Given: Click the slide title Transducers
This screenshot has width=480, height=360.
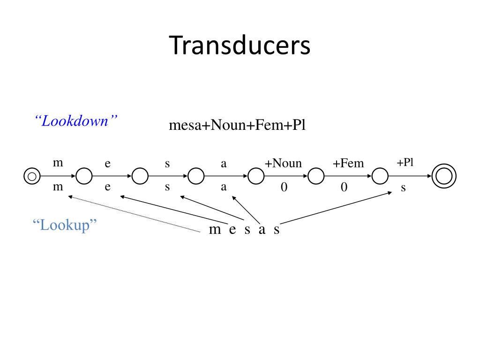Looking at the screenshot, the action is (x=240, y=46).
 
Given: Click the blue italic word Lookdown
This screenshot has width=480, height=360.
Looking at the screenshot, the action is (x=75, y=121).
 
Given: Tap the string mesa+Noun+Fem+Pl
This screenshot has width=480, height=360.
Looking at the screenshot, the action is (x=237, y=125).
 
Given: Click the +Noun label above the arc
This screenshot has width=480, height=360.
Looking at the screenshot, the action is (x=283, y=163).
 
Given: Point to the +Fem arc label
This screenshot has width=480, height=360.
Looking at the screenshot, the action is (x=348, y=164).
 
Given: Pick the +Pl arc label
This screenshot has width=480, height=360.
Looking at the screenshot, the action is (x=405, y=163).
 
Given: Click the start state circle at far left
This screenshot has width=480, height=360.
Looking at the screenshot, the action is (x=31, y=177).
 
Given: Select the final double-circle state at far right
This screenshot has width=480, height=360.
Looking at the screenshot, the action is (x=443, y=177).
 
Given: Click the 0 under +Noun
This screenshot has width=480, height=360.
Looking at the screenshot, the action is (x=284, y=188).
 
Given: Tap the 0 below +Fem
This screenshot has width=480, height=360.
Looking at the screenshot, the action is (x=344, y=188).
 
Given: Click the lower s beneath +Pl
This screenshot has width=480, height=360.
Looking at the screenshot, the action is (x=403, y=188).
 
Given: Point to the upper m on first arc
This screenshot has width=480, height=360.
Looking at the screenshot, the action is (x=58, y=163).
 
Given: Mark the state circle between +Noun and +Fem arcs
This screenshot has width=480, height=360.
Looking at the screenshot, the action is (x=316, y=177).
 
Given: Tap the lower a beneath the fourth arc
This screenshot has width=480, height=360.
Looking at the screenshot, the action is (x=224, y=187).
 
